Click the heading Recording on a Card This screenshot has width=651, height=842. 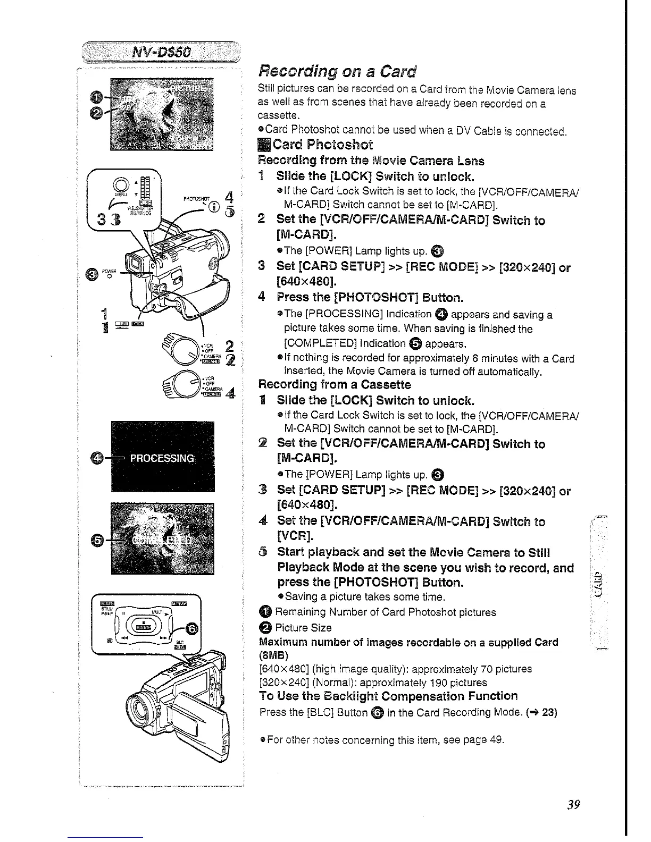pos(337,71)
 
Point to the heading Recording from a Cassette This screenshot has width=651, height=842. pos(335,384)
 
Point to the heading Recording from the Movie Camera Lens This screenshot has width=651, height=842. pos(371,161)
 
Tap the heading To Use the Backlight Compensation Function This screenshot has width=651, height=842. pos(388,696)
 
